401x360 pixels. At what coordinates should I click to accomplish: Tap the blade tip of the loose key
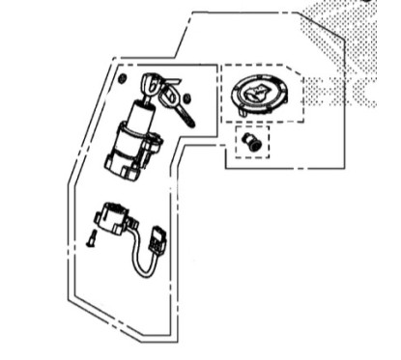189,123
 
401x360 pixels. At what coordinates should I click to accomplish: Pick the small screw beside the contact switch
89,239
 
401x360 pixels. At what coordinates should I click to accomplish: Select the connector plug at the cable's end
157,236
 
